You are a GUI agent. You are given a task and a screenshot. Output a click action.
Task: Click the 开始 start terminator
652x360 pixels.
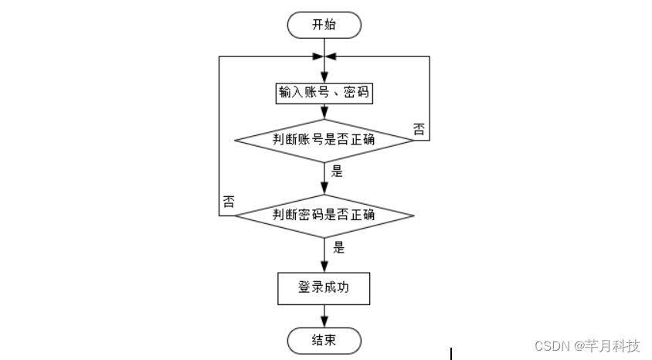pyautogui.click(x=324, y=25)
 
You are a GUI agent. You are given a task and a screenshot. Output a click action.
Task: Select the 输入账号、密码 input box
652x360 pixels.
pyautogui.click(x=324, y=93)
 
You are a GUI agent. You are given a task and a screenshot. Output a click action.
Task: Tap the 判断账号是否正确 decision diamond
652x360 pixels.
pyautogui.click(x=324, y=140)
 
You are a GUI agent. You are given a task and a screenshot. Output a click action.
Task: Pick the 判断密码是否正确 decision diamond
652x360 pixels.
pyautogui.click(x=324, y=215)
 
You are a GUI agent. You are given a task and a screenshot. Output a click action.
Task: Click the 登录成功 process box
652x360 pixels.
pyautogui.click(x=324, y=288)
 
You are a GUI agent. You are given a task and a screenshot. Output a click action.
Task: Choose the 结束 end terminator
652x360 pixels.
pyautogui.click(x=324, y=339)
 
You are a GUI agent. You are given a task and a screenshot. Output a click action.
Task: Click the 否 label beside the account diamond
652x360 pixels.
pyautogui.click(x=418, y=128)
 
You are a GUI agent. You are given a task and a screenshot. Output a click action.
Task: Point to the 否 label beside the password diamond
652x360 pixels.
pyautogui.click(x=229, y=202)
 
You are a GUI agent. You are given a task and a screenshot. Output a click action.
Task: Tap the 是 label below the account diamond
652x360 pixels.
pyautogui.click(x=337, y=172)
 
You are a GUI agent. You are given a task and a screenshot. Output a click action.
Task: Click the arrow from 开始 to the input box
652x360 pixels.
pyautogui.click(x=324, y=58)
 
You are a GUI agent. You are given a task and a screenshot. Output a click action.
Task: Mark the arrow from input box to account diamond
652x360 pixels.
pyautogui.click(x=324, y=113)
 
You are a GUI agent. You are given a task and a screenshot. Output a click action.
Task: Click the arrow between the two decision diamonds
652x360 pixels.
pyautogui.click(x=324, y=179)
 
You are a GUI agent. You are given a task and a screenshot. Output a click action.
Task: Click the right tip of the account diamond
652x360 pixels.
pyautogui.click(x=413, y=140)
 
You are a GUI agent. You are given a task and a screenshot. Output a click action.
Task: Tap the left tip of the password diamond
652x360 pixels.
pyautogui.click(x=236, y=215)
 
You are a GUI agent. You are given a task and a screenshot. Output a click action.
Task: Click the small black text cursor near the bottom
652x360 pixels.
pyautogui.click(x=451, y=354)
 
